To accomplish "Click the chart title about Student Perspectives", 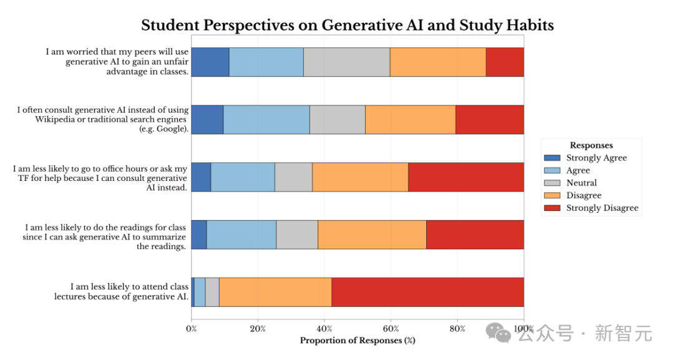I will [x=347, y=25].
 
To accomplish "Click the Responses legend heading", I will [x=591, y=145].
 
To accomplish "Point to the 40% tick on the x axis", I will [x=324, y=329].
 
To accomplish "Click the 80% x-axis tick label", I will [x=457, y=329].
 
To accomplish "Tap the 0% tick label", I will [x=191, y=329].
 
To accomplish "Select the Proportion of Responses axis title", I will [x=357, y=341].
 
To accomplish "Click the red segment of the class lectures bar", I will [x=427, y=292].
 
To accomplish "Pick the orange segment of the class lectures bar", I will [x=275, y=292].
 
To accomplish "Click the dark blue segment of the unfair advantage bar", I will [x=210, y=62].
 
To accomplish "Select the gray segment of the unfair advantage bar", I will [x=346, y=62].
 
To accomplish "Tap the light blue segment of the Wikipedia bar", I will [x=266, y=119].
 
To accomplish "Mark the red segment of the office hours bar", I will [x=466, y=177].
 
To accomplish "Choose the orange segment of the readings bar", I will [x=372, y=235].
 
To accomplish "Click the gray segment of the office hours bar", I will [x=293, y=177].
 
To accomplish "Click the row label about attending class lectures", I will [x=121, y=292].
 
